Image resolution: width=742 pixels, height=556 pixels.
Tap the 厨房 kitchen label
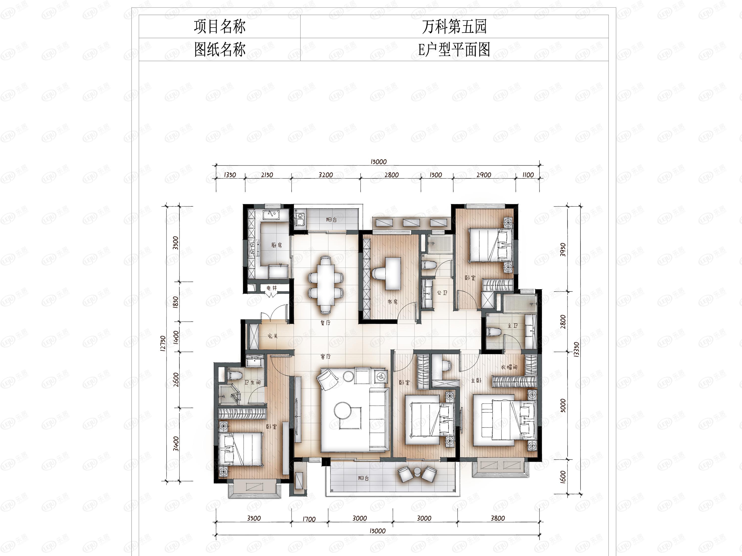(277, 245)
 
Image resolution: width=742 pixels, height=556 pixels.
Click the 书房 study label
(393, 302)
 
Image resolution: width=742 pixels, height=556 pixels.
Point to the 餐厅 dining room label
(325, 323)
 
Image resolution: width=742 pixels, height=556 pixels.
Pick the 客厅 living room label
(325, 357)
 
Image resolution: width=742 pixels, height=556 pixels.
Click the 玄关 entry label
(273, 336)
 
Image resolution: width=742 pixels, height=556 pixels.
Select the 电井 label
(272, 288)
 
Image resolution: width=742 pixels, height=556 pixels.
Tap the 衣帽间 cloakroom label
(509, 367)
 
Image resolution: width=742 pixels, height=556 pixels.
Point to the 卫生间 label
(253, 382)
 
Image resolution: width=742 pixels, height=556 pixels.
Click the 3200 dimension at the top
(326, 175)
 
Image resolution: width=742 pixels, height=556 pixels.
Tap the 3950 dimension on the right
(563, 250)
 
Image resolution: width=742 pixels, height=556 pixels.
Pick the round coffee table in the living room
(343, 410)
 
